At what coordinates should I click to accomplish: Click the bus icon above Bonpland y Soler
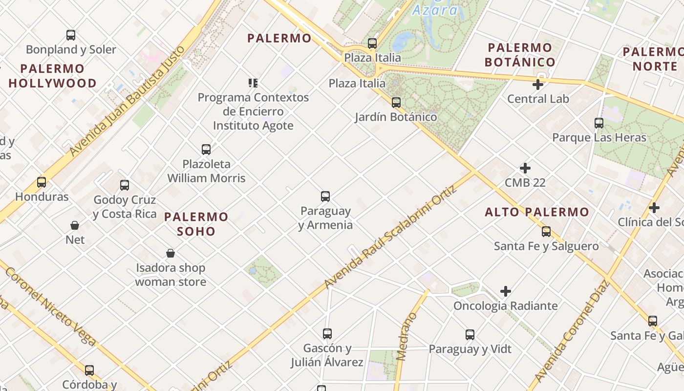click(71, 35)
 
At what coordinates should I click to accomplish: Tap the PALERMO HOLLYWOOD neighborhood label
click(53, 76)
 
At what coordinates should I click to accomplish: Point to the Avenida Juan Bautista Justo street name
click(128, 101)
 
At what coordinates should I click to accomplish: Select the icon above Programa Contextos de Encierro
click(253, 83)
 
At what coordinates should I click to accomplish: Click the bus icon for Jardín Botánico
click(396, 103)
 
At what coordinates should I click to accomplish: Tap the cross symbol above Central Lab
click(538, 85)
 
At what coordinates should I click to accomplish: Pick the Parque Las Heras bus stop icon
click(599, 123)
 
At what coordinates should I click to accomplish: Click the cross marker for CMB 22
click(525, 169)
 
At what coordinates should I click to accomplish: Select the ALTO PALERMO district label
click(537, 212)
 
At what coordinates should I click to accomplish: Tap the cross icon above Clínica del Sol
click(654, 208)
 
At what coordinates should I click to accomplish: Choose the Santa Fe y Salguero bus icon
click(546, 232)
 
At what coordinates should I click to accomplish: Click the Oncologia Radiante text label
click(506, 306)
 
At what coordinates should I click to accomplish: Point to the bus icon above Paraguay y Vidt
click(470, 335)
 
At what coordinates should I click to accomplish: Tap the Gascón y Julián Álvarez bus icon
click(327, 334)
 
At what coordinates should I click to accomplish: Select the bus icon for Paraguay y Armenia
click(325, 196)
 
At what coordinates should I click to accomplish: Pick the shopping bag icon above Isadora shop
click(171, 253)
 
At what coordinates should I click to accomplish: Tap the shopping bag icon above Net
click(75, 225)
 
